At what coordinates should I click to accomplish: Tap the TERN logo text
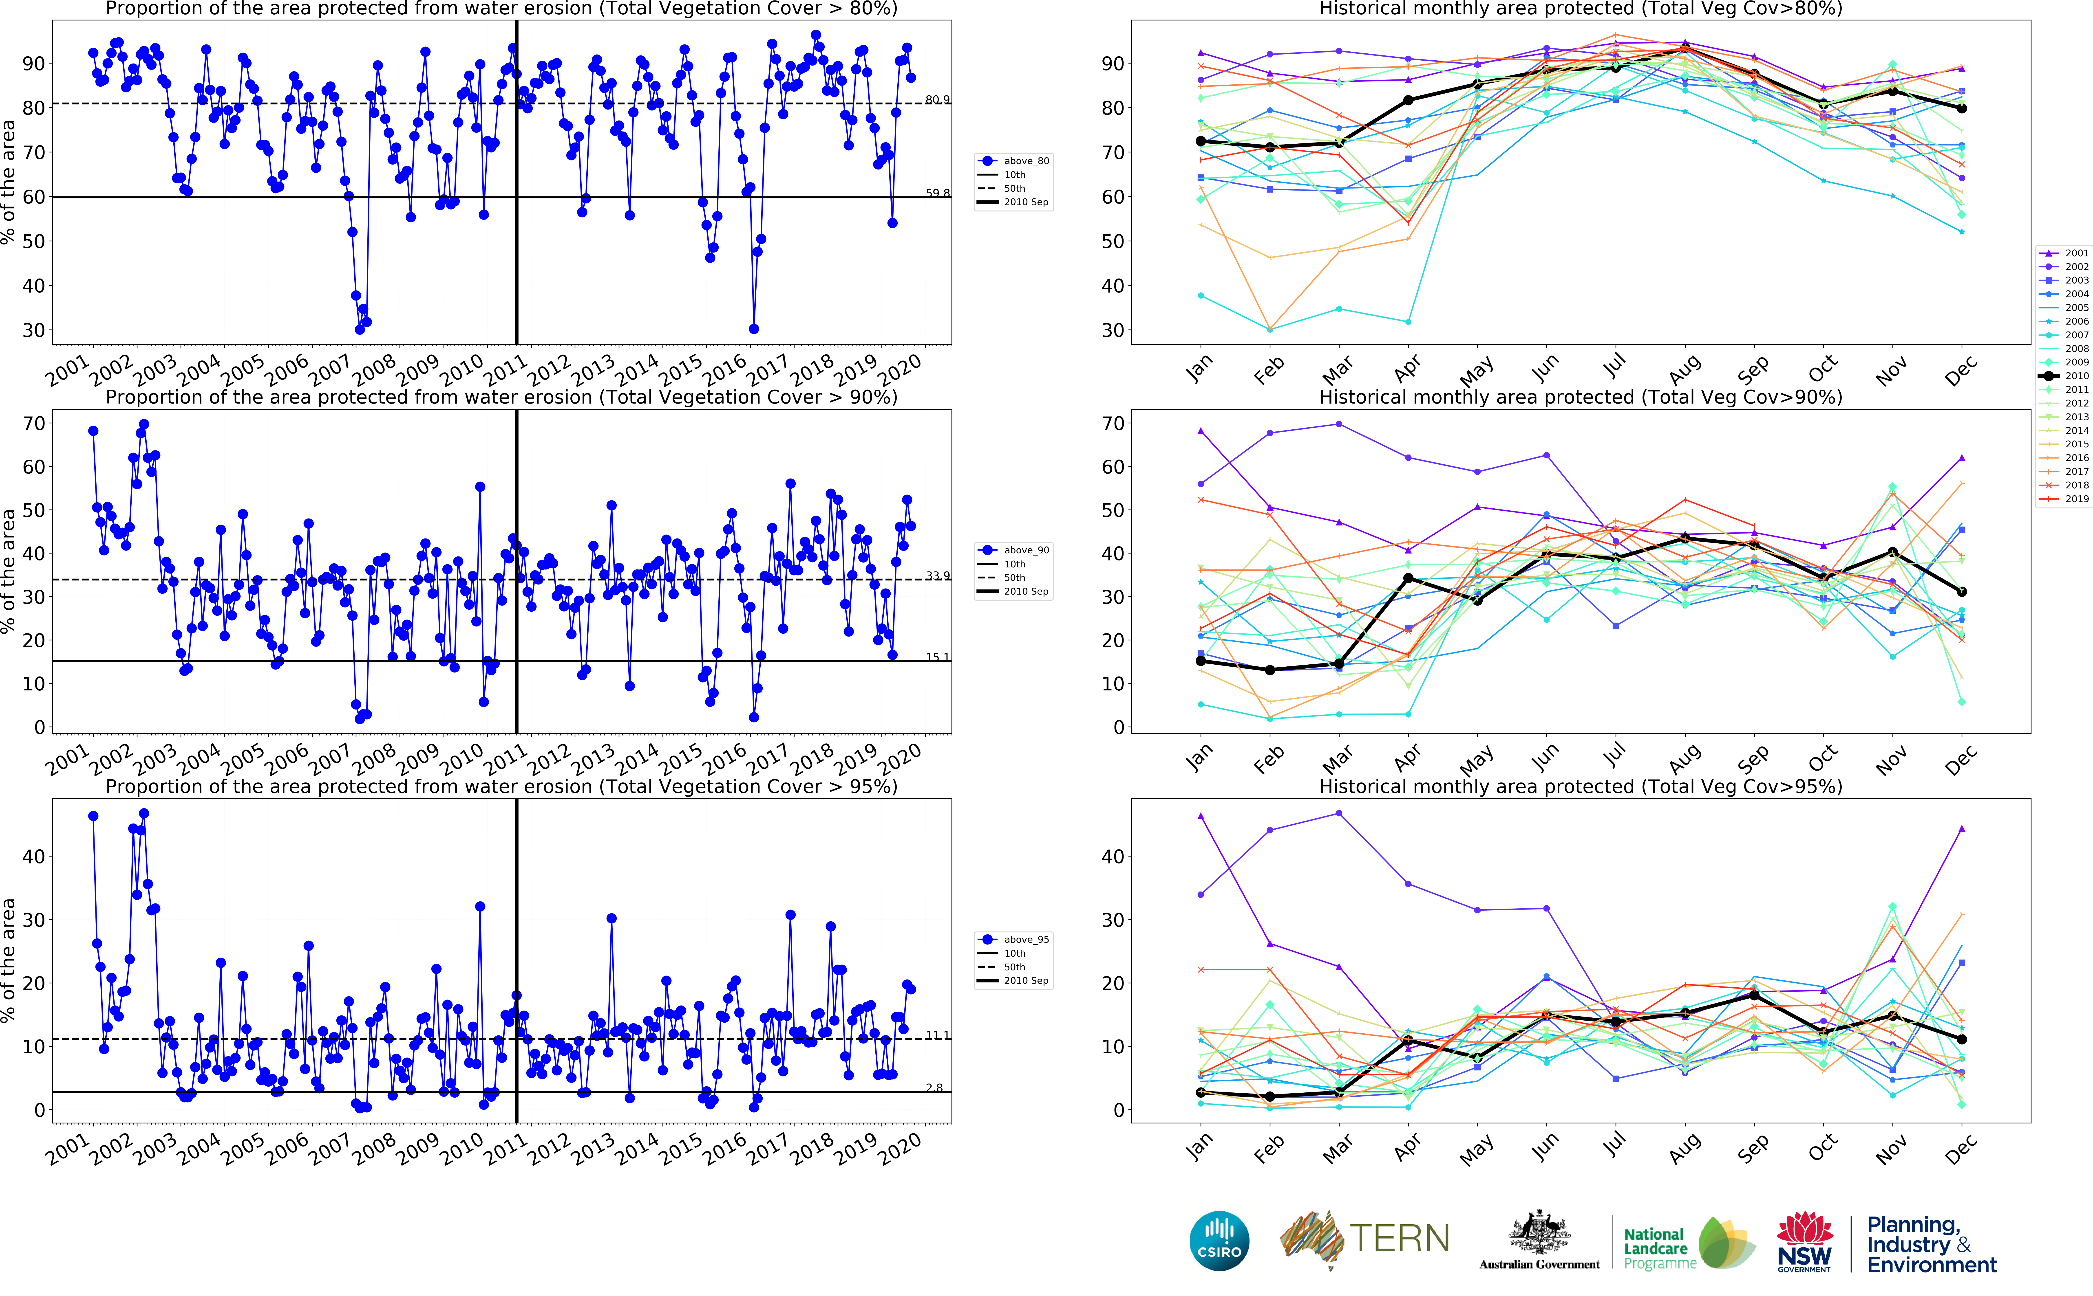tap(1399, 1239)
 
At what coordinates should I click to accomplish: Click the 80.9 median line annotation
tap(937, 99)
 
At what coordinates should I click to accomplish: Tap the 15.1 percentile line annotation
tap(937, 657)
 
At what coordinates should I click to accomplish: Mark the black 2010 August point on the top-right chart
tap(1685, 50)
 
